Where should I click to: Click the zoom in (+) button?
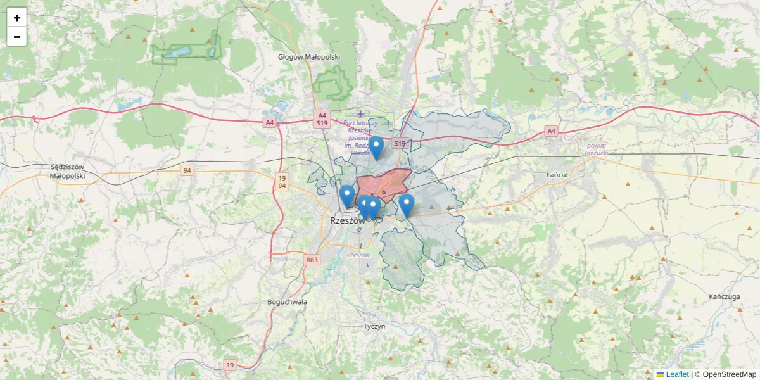(17, 18)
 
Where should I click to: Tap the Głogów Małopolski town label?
(309, 57)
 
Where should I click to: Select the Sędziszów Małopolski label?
(67, 171)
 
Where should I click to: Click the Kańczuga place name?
(725, 296)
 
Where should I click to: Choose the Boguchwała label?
(287, 302)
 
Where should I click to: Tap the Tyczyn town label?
(374, 326)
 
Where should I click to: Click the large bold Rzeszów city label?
(348, 220)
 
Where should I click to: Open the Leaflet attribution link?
(677, 374)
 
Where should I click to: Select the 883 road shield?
(312, 260)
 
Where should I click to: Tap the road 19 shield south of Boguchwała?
(230, 365)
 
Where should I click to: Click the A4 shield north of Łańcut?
(551, 131)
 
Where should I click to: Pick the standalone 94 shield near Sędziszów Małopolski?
(186, 171)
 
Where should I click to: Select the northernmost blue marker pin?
(376, 148)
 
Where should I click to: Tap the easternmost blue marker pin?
(407, 205)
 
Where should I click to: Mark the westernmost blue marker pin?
(346, 196)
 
